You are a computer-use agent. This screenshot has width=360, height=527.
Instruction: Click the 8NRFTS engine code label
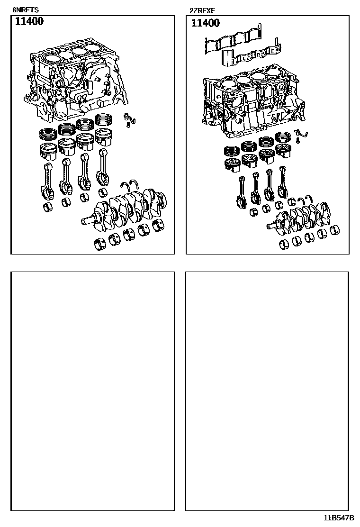(26, 10)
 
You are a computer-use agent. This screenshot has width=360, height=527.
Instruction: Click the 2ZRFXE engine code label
(202, 11)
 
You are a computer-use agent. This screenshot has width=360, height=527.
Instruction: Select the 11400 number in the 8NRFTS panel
(29, 21)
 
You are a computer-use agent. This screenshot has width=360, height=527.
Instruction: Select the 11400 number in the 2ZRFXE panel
(206, 23)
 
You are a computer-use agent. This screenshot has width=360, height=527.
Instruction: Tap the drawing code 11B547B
(339, 517)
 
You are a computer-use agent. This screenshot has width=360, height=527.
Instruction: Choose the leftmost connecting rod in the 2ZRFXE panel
(242, 191)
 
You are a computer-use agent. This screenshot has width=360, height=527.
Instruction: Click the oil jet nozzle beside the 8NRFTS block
(129, 119)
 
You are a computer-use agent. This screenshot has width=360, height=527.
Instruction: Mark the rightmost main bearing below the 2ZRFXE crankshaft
(335, 230)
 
